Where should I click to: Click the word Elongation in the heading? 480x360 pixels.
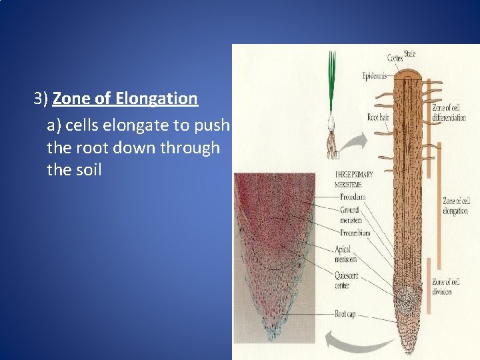pos(156,99)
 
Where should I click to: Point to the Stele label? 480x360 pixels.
pos(409,53)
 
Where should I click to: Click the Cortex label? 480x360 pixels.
pos(395,59)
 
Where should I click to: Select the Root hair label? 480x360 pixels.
pos(378,118)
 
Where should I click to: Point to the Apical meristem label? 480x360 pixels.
pos(346,254)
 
